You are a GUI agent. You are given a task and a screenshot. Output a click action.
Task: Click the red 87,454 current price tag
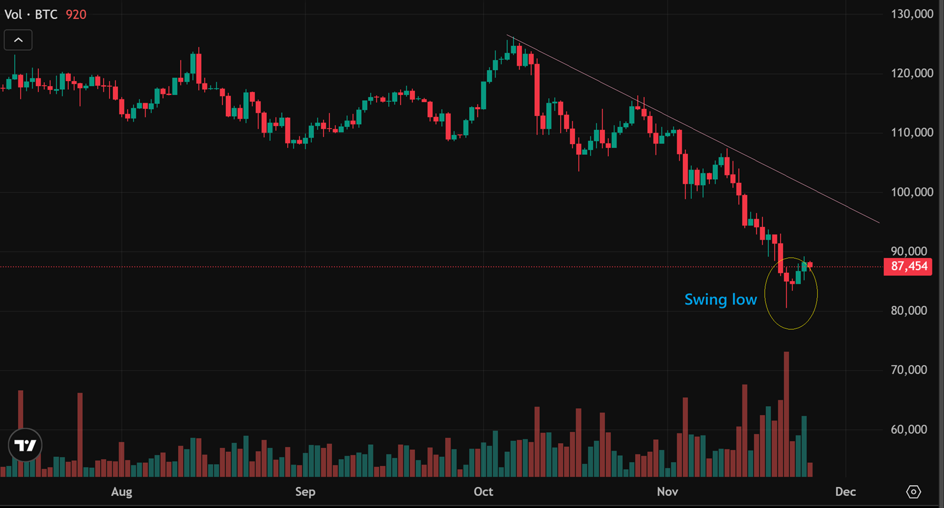pos(908,266)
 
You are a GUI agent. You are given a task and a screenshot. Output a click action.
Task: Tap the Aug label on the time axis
pos(121,491)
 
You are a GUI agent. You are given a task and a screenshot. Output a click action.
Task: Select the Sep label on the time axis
pos(305,491)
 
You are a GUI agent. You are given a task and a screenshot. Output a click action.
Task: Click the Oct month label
pos(483,491)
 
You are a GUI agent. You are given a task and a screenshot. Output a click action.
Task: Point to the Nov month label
pos(667,491)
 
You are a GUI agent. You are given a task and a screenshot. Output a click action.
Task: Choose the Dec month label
pos(845,491)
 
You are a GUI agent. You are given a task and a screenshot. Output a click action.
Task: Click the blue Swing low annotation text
pos(721,299)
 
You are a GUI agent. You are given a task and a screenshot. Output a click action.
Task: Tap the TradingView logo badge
pos(26,446)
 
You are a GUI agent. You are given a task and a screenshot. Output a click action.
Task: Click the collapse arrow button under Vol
pos(18,40)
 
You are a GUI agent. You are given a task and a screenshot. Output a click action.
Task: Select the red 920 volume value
pos(76,14)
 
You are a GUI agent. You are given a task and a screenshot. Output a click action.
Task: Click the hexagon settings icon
pos(913,492)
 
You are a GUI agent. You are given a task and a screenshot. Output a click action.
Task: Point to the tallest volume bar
pos(786,414)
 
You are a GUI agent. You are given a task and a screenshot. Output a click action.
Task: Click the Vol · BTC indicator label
pos(31,14)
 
